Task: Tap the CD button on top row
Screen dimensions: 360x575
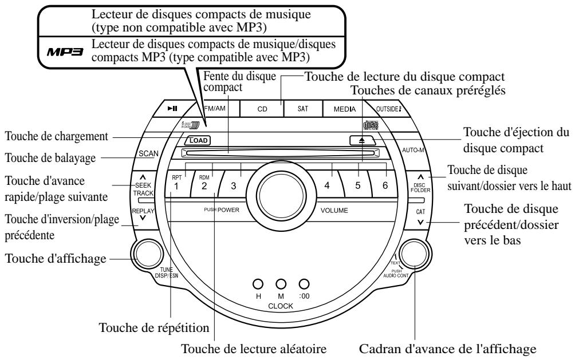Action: click(261, 108)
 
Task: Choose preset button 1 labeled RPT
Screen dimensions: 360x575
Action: click(178, 185)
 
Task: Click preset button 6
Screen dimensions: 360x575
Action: click(385, 185)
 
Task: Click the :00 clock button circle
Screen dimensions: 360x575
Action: click(304, 283)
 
